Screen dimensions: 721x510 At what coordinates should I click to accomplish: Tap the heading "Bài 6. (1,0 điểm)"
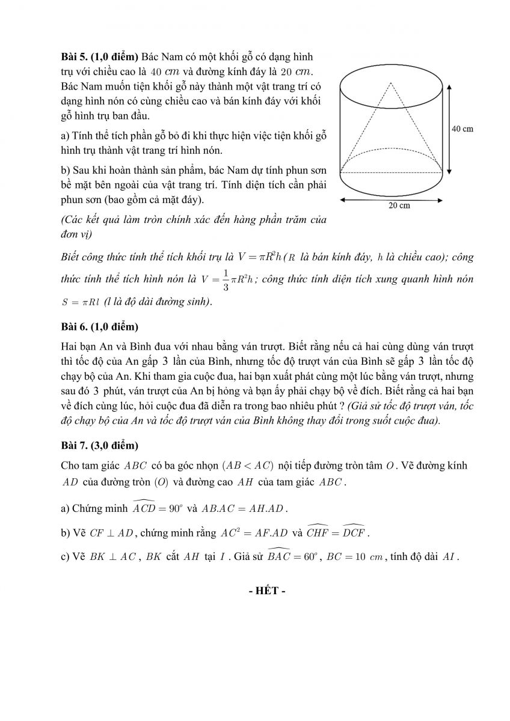[99, 327]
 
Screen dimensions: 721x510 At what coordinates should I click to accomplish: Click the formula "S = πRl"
[80, 302]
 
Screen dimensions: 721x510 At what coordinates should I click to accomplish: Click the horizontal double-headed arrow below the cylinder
[392, 198]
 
